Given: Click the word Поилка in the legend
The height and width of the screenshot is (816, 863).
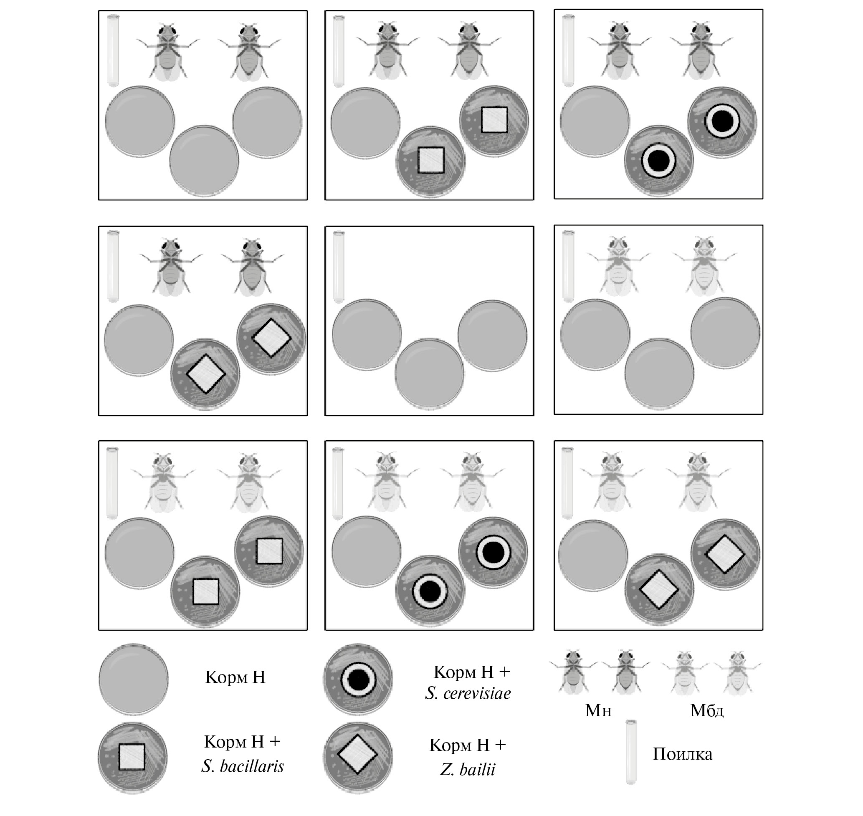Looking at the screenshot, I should point(682,754).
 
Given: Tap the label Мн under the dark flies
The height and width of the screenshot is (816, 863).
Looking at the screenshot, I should point(598,711).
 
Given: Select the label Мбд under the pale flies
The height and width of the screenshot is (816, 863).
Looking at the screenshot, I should point(707,711).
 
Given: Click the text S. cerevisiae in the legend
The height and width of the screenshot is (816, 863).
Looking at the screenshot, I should point(468,693).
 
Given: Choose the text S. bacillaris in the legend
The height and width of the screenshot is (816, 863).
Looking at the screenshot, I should point(242,766).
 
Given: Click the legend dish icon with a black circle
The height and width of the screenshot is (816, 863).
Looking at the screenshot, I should point(357,680).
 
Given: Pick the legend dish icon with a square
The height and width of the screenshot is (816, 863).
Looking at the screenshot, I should point(132,757).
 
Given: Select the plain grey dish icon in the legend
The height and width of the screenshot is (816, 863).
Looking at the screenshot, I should point(134,679).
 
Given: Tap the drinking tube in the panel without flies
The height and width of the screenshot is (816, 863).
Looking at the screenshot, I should point(339,267).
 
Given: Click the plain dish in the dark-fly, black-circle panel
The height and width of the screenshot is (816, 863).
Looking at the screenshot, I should point(595,121).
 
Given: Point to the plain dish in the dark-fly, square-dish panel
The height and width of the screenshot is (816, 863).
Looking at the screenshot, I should point(365,123).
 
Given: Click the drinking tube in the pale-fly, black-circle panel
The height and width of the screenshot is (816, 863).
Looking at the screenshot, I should point(337,483).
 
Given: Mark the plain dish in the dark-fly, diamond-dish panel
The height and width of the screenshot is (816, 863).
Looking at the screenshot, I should point(139,340).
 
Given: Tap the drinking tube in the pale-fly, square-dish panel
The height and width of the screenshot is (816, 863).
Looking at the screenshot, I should point(112,483).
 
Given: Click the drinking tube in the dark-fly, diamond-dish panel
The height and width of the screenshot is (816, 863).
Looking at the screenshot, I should point(113,266).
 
